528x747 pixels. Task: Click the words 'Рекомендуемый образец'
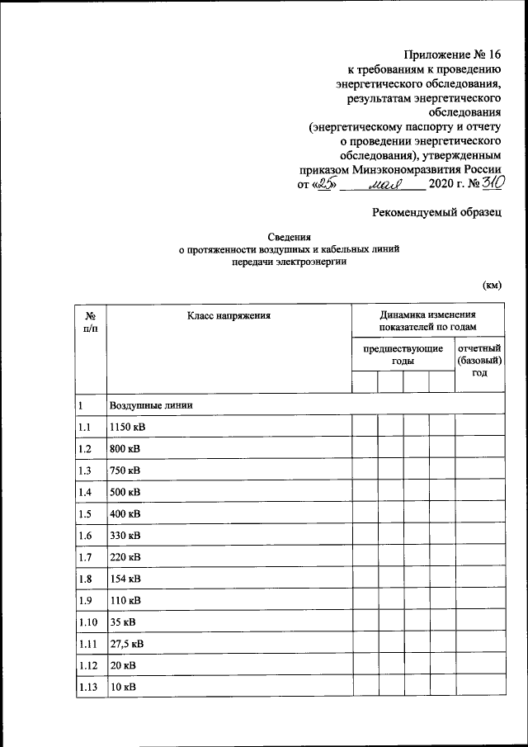coord(437,212)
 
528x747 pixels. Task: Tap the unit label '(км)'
coord(492,286)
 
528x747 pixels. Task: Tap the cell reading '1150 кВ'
coord(127,428)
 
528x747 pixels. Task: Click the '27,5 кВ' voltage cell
coord(128,642)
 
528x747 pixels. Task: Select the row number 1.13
coord(87,685)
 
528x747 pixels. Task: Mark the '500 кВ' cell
coord(125,492)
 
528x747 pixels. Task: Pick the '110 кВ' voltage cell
coord(125,599)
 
